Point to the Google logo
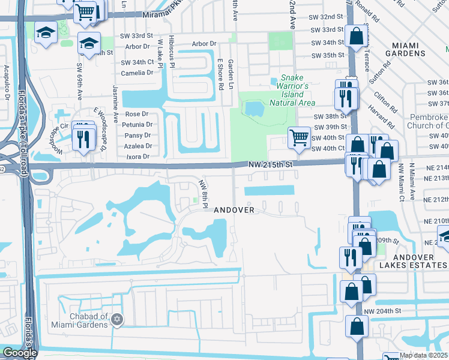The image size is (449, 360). tap(20, 353)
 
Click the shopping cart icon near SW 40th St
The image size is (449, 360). tap(299, 138)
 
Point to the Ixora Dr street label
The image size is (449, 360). tap(138, 156)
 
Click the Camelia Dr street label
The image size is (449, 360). tap(137, 73)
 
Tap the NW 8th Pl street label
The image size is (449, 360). tap(204, 194)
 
